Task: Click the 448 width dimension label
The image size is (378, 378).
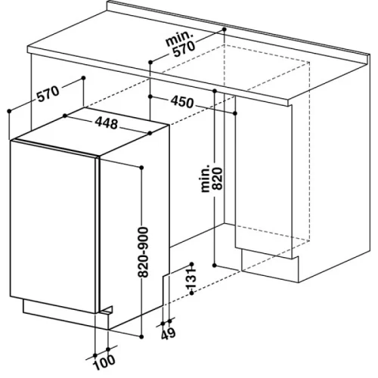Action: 107,123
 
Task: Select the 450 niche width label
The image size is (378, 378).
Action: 182,102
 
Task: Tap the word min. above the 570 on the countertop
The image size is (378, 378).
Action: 179,39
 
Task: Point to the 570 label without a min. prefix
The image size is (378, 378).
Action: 48,94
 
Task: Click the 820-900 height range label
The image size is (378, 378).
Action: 143,253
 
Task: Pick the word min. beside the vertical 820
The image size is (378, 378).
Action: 206,178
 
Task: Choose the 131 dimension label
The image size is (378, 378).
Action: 191,278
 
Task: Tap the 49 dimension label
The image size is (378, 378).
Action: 168,333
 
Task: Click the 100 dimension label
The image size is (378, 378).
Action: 104,362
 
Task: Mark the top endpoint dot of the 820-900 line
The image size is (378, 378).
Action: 141,168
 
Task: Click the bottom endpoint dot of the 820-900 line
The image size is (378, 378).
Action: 141,336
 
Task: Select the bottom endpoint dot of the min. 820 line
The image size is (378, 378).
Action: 215,265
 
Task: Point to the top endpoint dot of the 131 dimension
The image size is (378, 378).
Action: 191,264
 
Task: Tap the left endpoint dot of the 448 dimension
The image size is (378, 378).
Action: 65,116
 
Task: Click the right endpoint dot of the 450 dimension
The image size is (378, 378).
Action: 235,113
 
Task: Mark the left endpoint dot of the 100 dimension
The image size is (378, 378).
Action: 95,355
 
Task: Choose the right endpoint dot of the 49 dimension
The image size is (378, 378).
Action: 170,321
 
